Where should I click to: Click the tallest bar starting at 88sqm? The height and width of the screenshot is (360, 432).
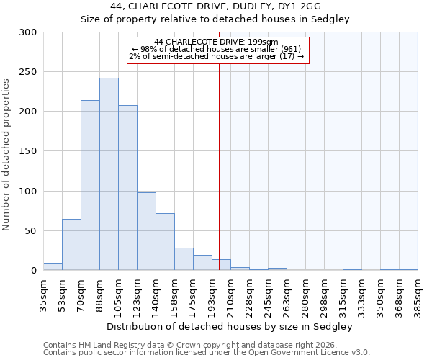coord(109,174)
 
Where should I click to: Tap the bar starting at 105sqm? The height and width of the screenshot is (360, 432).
coord(127,188)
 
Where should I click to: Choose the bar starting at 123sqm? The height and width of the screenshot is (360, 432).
coord(146,231)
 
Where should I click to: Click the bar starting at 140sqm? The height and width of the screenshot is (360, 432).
coord(165,242)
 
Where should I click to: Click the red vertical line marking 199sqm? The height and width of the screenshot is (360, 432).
coord(219,166)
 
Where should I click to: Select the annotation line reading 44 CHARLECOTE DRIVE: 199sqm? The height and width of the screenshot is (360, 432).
coord(217,42)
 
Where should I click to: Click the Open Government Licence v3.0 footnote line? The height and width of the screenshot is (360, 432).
coord(207,353)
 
